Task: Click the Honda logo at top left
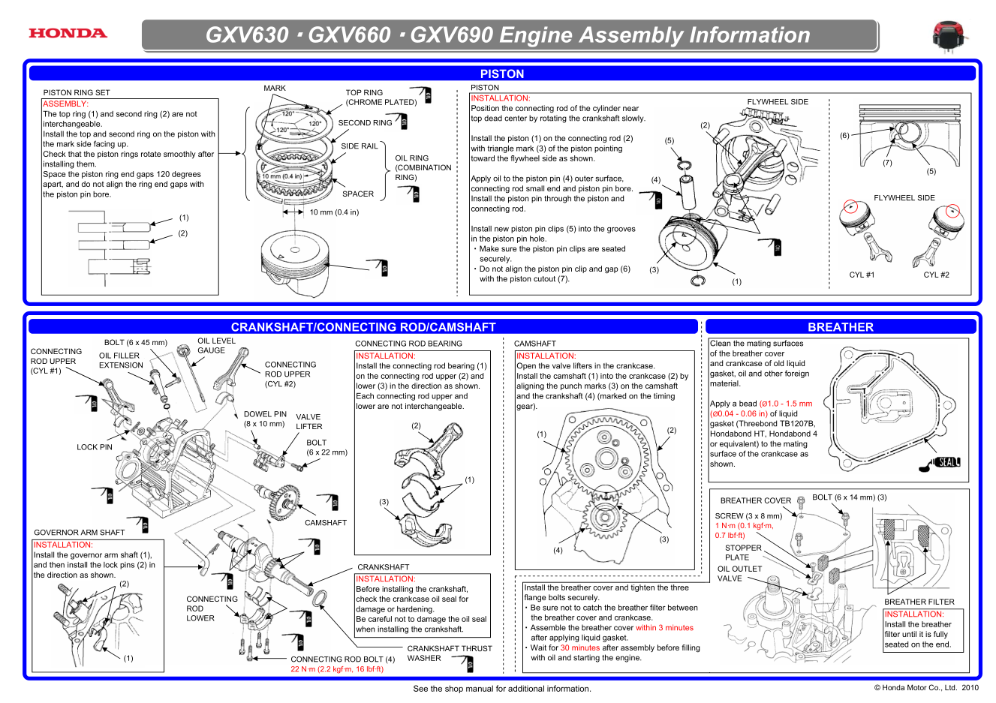point(68,33)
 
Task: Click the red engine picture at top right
point(949,36)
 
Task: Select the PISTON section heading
point(501,74)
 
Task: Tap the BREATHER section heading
point(840,327)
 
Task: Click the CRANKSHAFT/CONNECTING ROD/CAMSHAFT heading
point(363,327)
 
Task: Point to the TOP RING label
point(364,93)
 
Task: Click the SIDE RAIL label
point(360,146)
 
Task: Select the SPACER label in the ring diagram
point(358,194)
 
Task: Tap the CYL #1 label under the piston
point(862,275)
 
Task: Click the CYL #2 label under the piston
point(936,275)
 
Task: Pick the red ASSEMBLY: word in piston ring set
point(66,104)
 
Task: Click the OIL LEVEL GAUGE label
point(215,345)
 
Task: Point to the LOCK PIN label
point(95,447)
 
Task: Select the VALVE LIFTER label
point(308,422)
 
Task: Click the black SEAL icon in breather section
point(946,462)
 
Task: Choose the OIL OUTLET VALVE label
point(739,573)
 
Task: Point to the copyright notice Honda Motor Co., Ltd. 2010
point(926,687)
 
